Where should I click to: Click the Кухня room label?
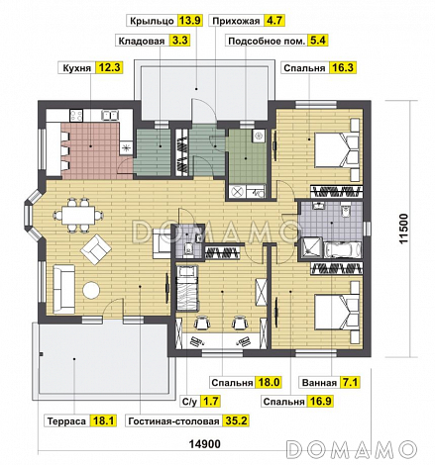click(76, 68)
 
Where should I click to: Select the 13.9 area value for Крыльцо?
click(190, 21)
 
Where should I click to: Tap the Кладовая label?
click(142, 41)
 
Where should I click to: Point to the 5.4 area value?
click(317, 41)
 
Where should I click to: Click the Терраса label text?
click(66, 421)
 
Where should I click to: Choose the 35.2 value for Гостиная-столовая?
click(236, 421)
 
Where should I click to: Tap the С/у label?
click(189, 402)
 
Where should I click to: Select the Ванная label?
click(319, 383)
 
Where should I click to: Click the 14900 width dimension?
click(205, 444)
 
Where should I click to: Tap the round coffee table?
click(91, 291)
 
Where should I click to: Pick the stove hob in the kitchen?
click(76, 115)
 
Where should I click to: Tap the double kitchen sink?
click(110, 115)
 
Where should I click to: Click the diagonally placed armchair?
click(96, 248)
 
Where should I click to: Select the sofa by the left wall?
click(64, 289)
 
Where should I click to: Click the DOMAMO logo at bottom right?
click(351, 449)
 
